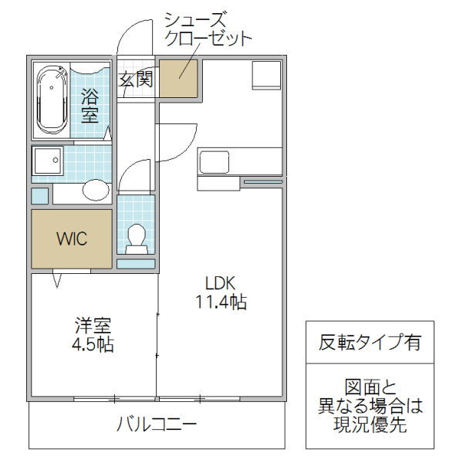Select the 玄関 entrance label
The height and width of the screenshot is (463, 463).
pyautogui.click(x=135, y=79)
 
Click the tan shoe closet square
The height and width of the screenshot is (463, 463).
pyautogui.click(x=179, y=77)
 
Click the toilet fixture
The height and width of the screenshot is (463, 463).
pyautogui.click(x=137, y=237)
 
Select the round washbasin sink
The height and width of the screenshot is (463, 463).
pyautogui.click(x=96, y=191)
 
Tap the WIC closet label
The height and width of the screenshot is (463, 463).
pyautogui.click(x=71, y=238)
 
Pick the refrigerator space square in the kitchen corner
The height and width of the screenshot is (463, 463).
pyautogui.click(x=265, y=75)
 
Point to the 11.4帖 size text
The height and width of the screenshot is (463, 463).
pyautogui.click(x=220, y=302)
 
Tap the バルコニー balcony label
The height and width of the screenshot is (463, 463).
pyautogui.click(x=157, y=424)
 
